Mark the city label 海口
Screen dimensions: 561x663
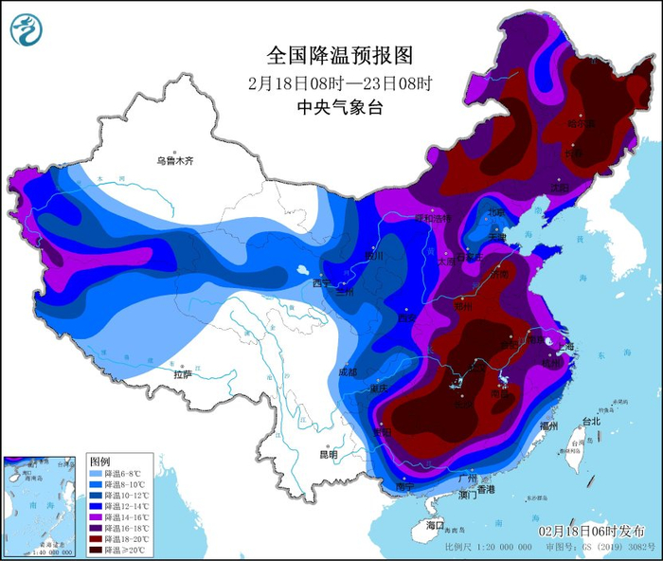click(x=435, y=524)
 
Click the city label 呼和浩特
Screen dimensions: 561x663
click(x=437, y=218)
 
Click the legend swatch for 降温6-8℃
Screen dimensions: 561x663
click(x=96, y=474)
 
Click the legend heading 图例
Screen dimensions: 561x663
click(x=99, y=461)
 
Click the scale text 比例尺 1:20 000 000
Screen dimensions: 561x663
click(x=488, y=547)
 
